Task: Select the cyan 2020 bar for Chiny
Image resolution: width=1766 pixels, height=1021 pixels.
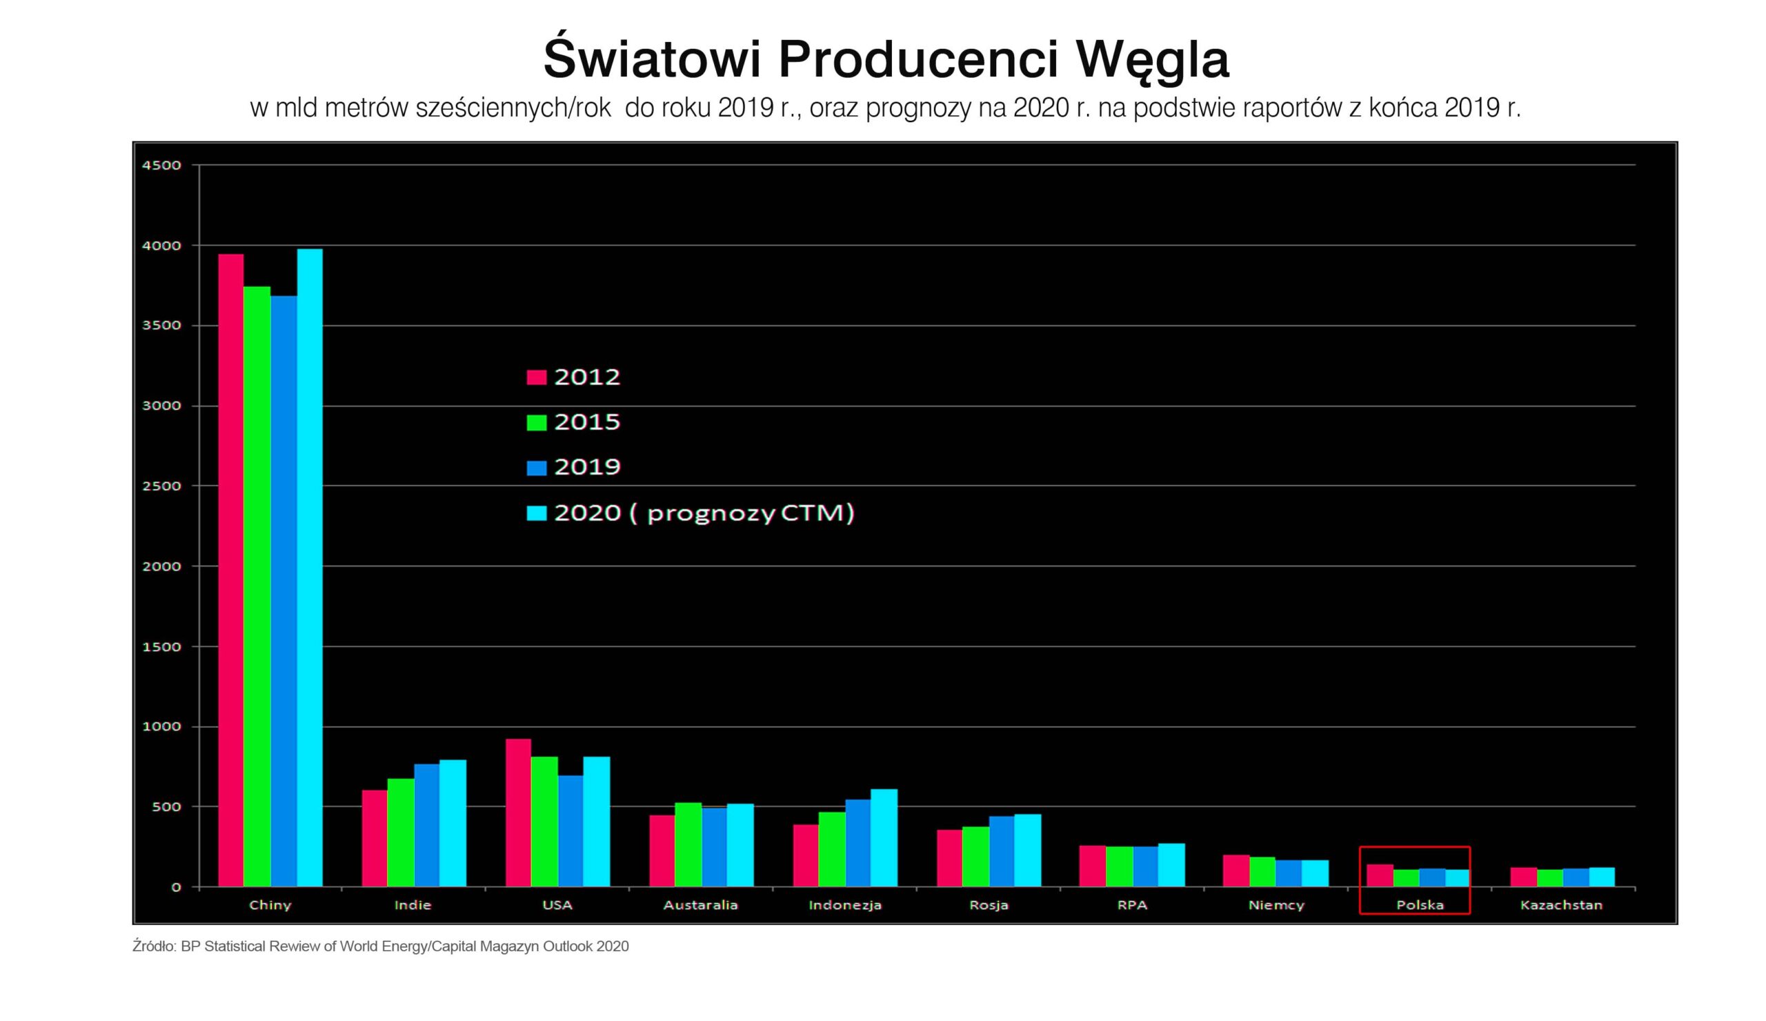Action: coord(310,568)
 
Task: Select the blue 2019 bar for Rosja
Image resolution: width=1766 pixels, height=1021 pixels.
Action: coord(1002,851)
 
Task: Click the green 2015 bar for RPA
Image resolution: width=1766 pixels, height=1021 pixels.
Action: coord(1119,866)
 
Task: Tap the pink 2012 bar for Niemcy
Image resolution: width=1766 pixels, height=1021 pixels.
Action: coord(1236,871)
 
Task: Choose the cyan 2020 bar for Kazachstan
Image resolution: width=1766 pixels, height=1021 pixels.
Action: coord(1602,877)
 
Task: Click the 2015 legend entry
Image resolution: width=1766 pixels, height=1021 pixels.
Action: coord(573,422)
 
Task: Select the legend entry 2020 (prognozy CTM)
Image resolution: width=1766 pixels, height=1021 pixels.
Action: coord(691,513)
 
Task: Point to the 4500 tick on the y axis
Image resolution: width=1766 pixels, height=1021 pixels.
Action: coord(161,166)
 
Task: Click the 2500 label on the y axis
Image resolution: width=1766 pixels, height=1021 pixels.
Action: coord(161,486)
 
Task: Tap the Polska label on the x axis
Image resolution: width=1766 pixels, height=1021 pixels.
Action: coord(1420,904)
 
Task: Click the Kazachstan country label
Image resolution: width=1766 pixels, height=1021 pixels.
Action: coord(1561,904)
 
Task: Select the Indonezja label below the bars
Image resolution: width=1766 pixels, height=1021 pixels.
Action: coord(844,904)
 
